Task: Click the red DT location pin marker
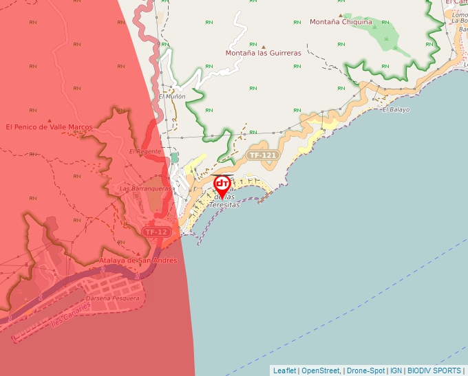tap(222, 184)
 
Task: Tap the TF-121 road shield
tap(263, 155)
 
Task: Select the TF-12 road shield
tap(156, 232)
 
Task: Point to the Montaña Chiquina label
tap(341, 22)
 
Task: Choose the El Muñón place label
tap(172, 97)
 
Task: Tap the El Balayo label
tap(396, 109)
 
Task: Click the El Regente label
tap(145, 151)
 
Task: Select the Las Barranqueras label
tap(145, 188)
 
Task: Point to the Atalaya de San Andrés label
tap(138, 261)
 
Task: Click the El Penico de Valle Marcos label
tap(48, 126)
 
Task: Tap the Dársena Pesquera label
tap(113, 298)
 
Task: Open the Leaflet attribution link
tap(284, 371)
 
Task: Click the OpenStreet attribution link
tap(321, 371)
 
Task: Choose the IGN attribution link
tap(396, 371)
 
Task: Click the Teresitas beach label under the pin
tap(225, 204)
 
